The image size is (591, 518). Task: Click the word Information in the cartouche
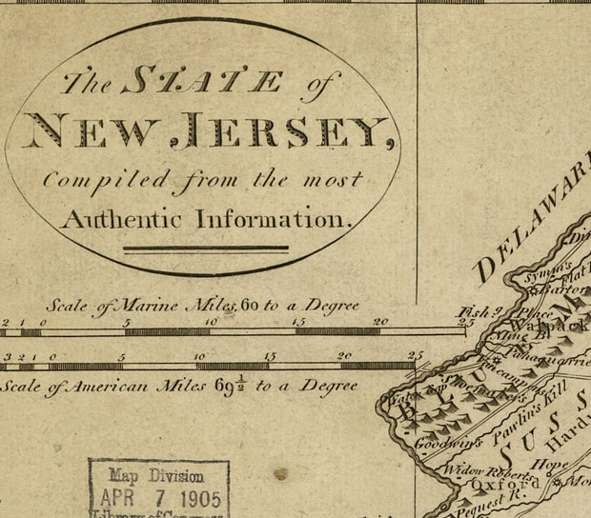pyautogui.click(x=275, y=219)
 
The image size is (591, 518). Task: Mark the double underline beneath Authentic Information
pyautogui.click(x=205, y=250)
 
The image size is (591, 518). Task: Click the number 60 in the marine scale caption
pyautogui.click(x=251, y=306)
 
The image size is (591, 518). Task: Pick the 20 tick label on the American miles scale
pyautogui.click(x=345, y=356)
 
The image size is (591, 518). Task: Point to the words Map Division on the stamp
pyautogui.click(x=155, y=475)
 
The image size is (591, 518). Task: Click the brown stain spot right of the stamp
pyautogui.click(x=279, y=473)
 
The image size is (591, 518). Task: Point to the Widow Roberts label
pyautogui.click(x=484, y=468)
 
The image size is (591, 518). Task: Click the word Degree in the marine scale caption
pyautogui.click(x=330, y=306)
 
